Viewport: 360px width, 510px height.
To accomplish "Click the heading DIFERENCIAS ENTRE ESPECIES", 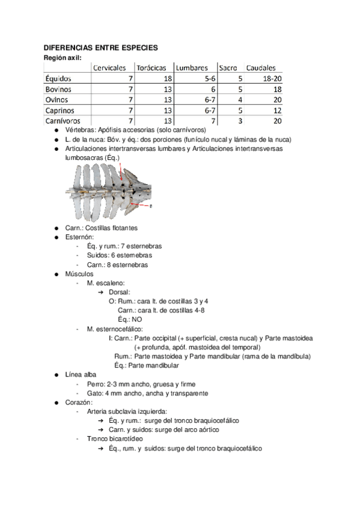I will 100,48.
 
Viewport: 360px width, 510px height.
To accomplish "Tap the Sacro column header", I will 228,68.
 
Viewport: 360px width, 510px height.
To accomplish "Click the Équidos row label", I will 59,79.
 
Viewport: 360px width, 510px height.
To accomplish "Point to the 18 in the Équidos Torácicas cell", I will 167,79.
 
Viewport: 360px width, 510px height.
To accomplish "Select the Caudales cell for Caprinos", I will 277,111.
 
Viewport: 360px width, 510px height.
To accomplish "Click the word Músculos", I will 79,274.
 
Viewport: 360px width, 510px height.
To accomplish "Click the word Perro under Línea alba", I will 95,384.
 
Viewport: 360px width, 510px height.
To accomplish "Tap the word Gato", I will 94,393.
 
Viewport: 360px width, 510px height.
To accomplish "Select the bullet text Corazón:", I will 79,402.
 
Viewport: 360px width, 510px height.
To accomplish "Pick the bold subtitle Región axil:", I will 63,57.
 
